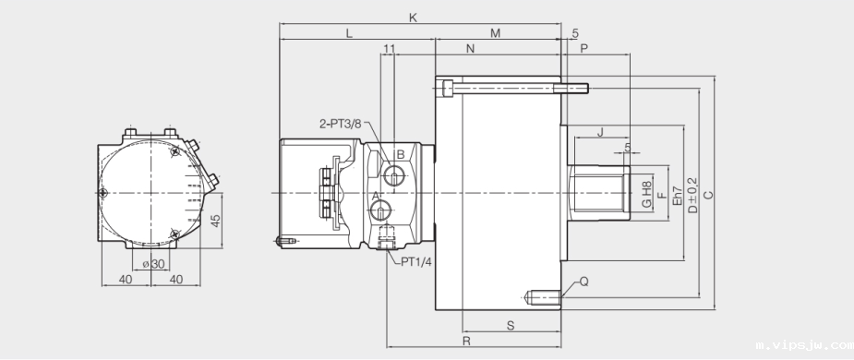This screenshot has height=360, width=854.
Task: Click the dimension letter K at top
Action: coord(413,18)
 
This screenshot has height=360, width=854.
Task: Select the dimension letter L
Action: coord(349,33)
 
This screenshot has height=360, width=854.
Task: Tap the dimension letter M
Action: coord(495,33)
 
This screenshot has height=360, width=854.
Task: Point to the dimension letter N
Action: coord(471,49)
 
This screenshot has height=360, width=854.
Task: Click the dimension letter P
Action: coord(583,49)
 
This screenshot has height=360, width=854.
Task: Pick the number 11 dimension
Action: coord(389,49)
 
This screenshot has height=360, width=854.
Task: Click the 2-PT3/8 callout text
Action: coord(340,123)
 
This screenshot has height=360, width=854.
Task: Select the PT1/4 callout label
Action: coord(416,262)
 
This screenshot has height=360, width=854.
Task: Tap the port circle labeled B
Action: coord(394,176)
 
